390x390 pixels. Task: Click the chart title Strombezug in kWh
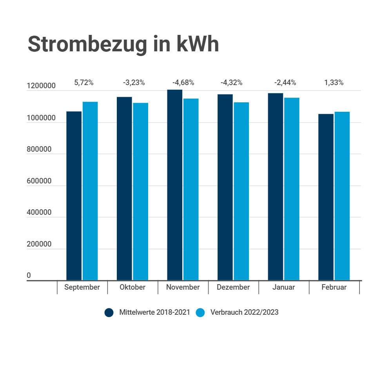[x=123, y=45]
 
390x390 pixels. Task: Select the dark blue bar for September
[x=74, y=196]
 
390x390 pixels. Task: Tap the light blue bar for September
[x=90, y=191]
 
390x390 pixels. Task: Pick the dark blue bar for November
[x=174, y=185]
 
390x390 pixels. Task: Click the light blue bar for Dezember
[x=241, y=191]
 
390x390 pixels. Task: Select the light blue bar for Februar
[x=342, y=196]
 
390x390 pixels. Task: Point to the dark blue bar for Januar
[x=276, y=187]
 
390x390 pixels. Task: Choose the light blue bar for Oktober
[x=141, y=192]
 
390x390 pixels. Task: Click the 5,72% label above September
[x=84, y=83]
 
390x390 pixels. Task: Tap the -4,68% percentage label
[x=183, y=83]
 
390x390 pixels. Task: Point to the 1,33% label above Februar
[x=334, y=83]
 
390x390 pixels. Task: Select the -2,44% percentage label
[x=285, y=83]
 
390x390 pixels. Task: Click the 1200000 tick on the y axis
[x=41, y=86]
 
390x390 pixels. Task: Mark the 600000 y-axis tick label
[x=39, y=181]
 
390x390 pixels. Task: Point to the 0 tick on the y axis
[x=29, y=275]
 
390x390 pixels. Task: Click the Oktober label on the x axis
[x=132, y=287]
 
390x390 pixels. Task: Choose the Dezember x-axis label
[x=233, y=287]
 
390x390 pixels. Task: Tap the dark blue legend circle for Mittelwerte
[x=109, y=312]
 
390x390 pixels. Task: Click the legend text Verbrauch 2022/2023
[x=244, y=312]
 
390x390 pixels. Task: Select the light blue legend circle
[x=200, y=312]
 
